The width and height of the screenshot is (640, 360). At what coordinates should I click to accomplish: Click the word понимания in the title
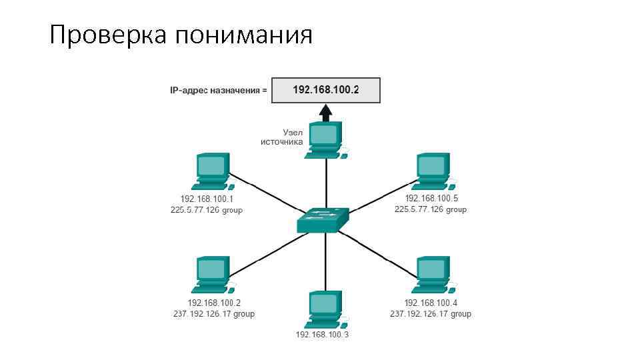[244, 35]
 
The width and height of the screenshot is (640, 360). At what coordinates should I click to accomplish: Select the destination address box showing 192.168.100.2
[325, 90]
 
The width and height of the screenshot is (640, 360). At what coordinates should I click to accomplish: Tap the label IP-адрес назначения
[218, 90]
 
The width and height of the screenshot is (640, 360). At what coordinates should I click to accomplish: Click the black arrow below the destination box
[325, 111]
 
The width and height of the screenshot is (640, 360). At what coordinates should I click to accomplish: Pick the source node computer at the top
[325, 140]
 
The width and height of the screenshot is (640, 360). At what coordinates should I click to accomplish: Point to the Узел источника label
[283, 137]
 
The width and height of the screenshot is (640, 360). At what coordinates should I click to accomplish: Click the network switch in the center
[324, 220]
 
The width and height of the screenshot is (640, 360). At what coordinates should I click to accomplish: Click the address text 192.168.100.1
[207, 199]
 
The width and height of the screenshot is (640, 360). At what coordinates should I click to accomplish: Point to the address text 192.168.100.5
[431, 199]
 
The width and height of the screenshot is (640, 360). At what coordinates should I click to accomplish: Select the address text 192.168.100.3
[322, 334]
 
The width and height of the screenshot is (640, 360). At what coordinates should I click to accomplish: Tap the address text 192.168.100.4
[431, 303]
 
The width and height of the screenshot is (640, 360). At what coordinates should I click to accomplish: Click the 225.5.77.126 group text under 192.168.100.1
[207, 210]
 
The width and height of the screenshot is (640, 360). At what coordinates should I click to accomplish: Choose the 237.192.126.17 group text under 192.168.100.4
[431, 314]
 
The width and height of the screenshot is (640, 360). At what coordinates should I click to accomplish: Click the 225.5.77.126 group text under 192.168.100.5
[431, 209]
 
